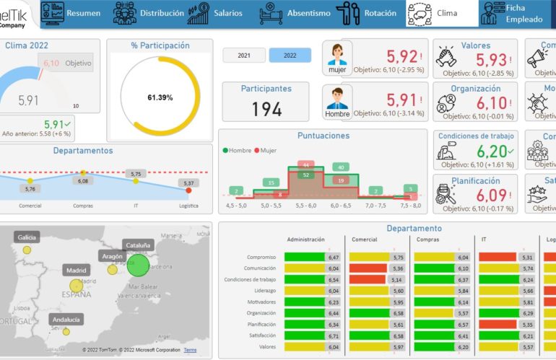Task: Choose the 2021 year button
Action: click(x=244, y=56)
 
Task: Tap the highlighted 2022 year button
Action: click(x=290, y=56)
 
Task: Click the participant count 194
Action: click(x=266, y=109)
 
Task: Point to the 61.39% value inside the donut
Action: click(x=160, y=97)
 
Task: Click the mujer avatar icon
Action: click(x=337, y=58)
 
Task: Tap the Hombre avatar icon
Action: click(x=337, y=102)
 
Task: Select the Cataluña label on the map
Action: click(x=138, y=245)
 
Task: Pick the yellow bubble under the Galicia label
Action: click(x=27, y=250)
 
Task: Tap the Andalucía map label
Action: click(x=66, y=319)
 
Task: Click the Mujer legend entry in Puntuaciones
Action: click(x=268, y=150)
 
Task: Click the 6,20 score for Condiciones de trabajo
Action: click(x=490, y=152)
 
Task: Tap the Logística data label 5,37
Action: click(x=189, y=183)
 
